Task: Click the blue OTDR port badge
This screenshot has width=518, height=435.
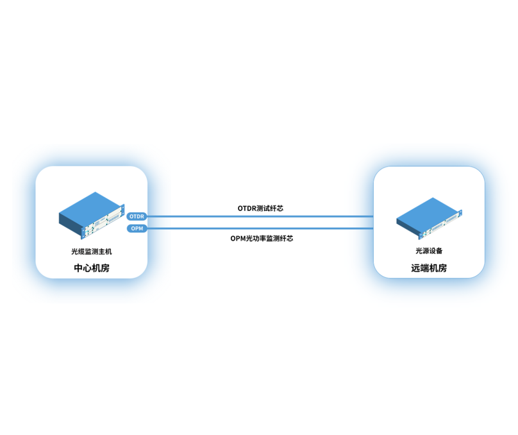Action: pyautogui.click(x=137, y=216)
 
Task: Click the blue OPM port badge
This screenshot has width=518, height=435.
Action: pyautogui.click(x=137, y=228)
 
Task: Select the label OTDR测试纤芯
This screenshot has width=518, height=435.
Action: pyautogui.click(x=260, y=209)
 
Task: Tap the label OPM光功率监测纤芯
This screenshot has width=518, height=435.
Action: pyautogui.click(x=262, y=238)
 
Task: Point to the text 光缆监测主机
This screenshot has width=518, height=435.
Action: pyautogui.click(x=92, y=252)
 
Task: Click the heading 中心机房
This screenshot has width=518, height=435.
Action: pyautogui.click(x=92, y=268)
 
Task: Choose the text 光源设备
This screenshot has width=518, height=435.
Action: pyautogui.click(x=429, y=251)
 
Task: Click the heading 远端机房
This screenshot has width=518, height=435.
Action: pyautogui.click(x=429, y=268)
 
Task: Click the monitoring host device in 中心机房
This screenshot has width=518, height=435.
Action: pyautogui.click(x=92, y=216)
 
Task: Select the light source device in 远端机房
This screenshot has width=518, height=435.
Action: pyautogui.click(x=429, y=219)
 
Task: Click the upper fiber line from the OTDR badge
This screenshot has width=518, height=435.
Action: pyautogui.click(x=260, y=216)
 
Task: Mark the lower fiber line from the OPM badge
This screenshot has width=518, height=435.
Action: pyautogui.click(x=260, y=228)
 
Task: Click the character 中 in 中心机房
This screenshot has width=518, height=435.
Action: pyautogui.click(x=78, y=268)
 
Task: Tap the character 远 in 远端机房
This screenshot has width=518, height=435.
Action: pyautogui.click(x=415, y=268)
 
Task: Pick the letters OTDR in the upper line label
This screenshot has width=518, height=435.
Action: pyautogui.click(x=246, y=209)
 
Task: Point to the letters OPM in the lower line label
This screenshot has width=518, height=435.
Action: pyautogui.click(x=238, y=238)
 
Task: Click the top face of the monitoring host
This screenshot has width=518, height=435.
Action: pyautogui.click(x=90, y=209)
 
